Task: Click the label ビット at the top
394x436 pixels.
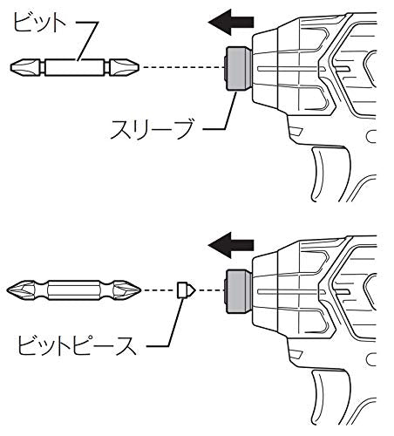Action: [40, 24]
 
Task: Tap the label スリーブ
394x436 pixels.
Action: [152, 130]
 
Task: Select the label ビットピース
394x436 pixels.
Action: [77, 345]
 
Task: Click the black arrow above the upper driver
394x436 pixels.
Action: [231, 22]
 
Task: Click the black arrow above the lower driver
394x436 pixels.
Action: [231, 245]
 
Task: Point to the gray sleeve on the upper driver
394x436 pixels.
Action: [238, 68]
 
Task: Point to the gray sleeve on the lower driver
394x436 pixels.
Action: [238, 291]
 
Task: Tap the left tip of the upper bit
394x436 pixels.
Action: [11, 67]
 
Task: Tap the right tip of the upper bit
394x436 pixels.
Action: [139, 67]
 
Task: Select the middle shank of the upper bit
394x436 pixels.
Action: [75, 67]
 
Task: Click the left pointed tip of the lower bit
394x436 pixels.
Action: [7, 290]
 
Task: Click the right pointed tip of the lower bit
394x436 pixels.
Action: [140, 290]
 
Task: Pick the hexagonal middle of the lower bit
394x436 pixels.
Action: [74, 290]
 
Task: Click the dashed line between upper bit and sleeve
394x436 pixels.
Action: [184, 67]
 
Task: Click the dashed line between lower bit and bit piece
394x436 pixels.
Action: [160, 290]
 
